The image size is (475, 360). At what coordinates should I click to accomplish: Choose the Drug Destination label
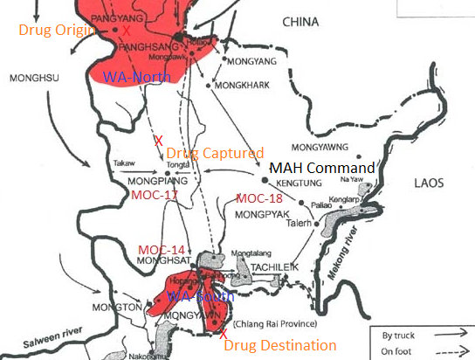[280, 346]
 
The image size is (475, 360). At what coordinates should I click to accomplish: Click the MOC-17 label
[155, 194]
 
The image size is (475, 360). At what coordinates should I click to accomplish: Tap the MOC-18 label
[258, 198]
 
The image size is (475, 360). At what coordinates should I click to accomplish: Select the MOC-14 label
[161, 250]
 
